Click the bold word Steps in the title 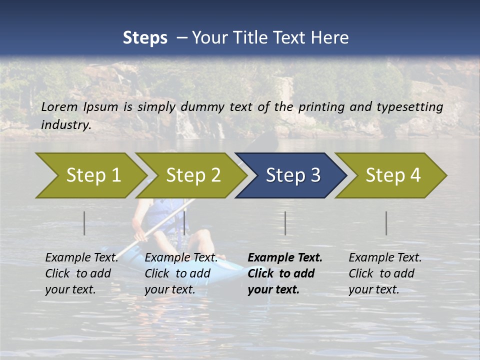145,38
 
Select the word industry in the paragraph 65,125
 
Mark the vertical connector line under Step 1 84,223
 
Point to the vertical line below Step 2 184,223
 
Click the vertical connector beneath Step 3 285,223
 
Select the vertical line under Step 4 386,223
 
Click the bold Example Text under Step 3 285,258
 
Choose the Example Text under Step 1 81,258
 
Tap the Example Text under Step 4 385,258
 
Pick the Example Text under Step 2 181,258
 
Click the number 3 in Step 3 315,175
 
